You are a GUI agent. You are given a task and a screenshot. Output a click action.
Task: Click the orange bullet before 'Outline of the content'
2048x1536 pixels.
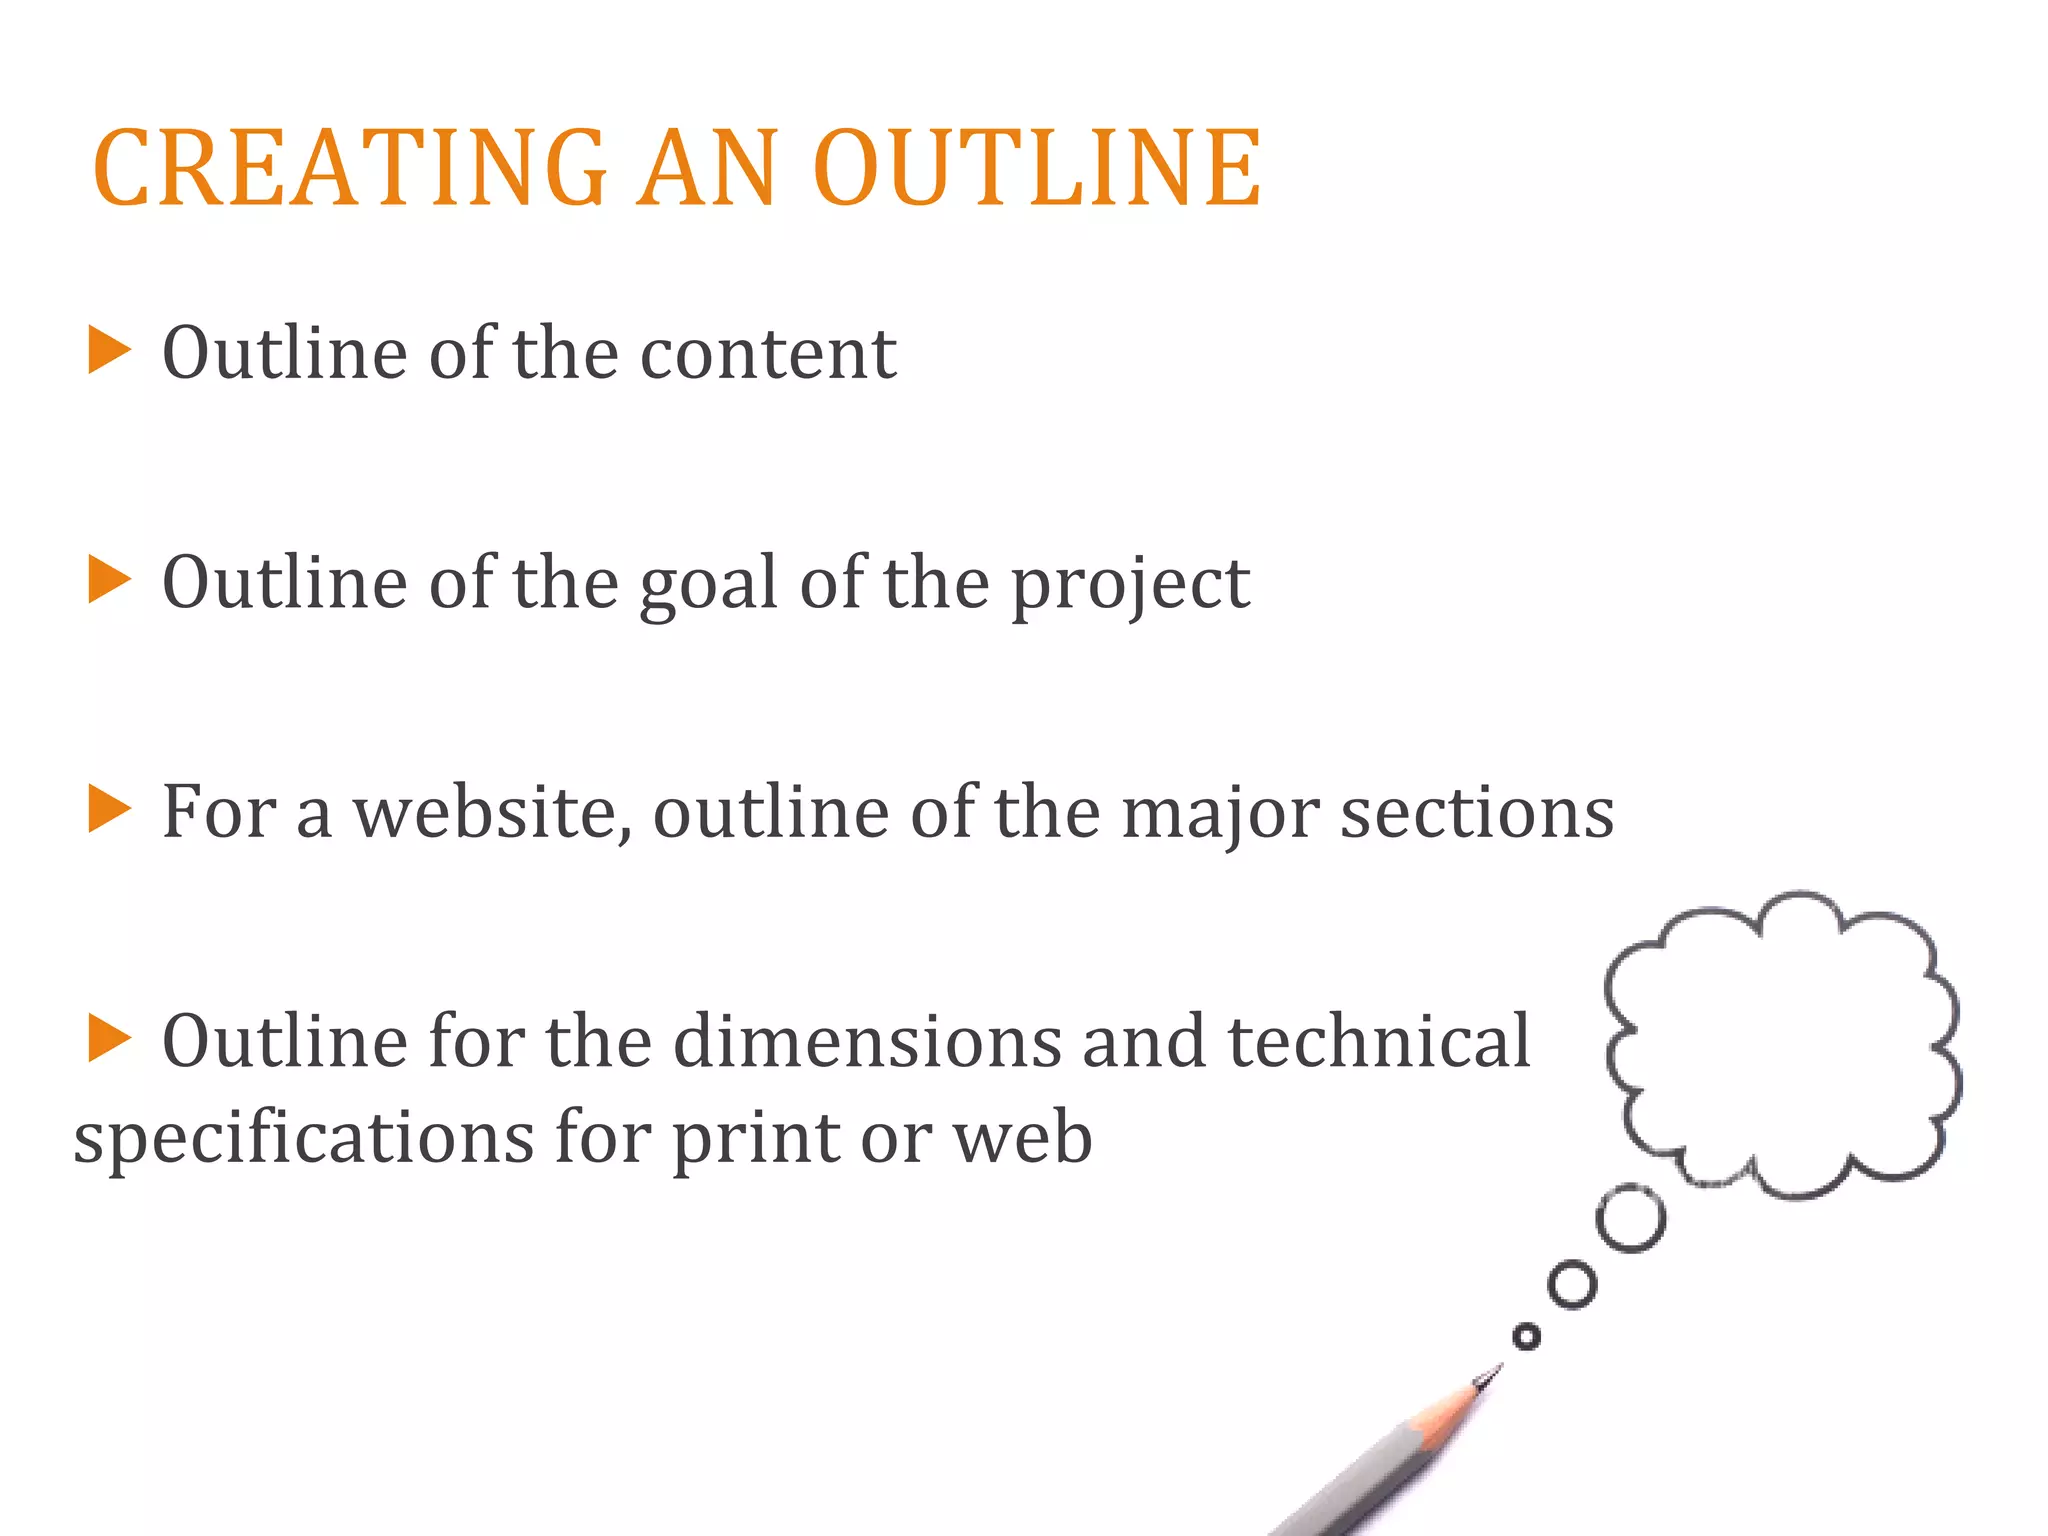pyautogui.click(x=109, y=350)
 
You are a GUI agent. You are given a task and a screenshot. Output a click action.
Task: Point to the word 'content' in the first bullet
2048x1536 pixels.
pyautogui.click(x=768, y=354)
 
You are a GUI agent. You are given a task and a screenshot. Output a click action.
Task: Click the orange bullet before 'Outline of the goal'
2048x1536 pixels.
pyautogui.click(x=109, y=580)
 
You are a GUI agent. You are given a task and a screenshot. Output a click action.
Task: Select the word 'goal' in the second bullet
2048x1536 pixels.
pyautogui.click(x=708, y=584)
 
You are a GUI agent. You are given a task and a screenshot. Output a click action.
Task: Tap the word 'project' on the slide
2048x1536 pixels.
pyautogui.click(x=1130, y=586)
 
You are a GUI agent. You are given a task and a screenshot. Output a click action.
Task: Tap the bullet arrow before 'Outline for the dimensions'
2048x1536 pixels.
pyautogui.click(x=109, y=1037)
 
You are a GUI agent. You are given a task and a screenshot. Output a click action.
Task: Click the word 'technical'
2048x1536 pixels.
pyautogui.click(x=1379, y=1042)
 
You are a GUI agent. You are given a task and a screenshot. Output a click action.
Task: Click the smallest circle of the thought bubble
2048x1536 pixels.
pyautogui.click(x=1526, y=1337)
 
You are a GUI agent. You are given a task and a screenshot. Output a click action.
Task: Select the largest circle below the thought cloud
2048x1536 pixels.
pyautogui.click(x=1631, y=1218)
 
